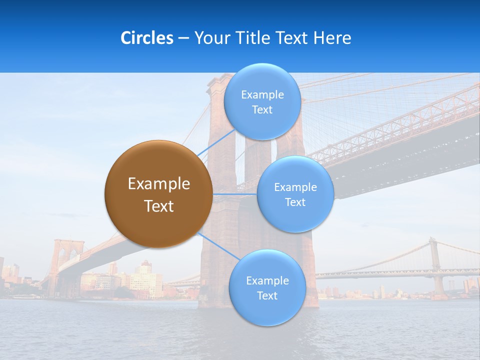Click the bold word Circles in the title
(146, 38)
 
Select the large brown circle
(158, 194)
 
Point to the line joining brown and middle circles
(235, 194)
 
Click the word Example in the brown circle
(159, 183)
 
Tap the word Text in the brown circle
(159, 206)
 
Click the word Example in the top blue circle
(262, 94)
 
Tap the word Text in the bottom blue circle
(267, 295)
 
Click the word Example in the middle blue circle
(295, 187)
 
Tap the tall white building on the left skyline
(145, 280)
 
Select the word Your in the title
(210, 38)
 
